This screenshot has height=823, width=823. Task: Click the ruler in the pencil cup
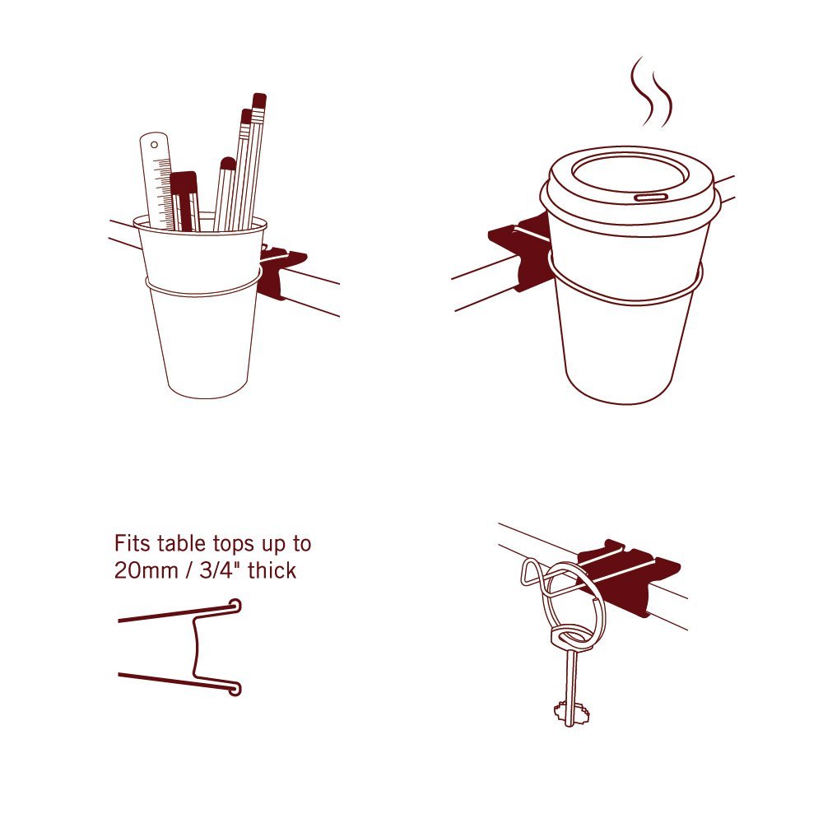click(157, 179)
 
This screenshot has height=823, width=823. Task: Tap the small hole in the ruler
click(155, 144)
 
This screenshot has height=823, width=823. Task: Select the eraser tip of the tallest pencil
click(259, 100)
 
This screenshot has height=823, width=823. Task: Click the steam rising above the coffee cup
click(651, 92)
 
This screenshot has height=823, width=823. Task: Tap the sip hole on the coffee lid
click(651, 197)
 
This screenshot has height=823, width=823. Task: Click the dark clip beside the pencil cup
click(281, 270)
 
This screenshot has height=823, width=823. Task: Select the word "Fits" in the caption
click(133, 543)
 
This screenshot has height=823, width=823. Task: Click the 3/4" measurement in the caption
click(219, 570)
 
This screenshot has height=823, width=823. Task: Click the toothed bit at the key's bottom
click(570, 712)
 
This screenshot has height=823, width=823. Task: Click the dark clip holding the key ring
click(630, 578)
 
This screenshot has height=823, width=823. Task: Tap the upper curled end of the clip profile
click(235, 607)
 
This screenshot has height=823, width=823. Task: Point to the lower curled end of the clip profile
click(235, 688)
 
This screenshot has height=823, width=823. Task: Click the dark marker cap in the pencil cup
click(184, 183)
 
